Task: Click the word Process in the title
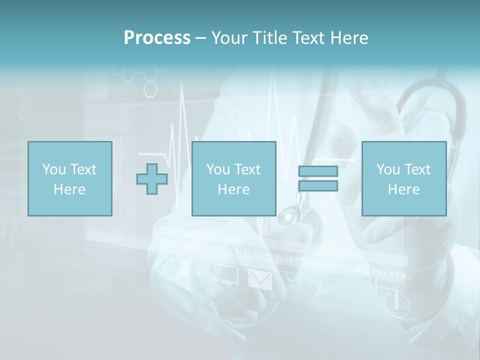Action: pyautogui.click(x=157, y=38)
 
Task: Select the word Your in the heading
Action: pyautogui.click(x=228, y=38)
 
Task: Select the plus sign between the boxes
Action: pyautogui.click(x=152, y=179)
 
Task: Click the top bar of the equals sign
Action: pyautogui.click(x=318, y=171)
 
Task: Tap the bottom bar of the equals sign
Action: pyautogui.click(x=318, y=186)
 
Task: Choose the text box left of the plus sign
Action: pyautogui.click(x=70, y=179)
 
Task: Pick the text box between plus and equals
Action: pyautogui.click(x=234, y=179)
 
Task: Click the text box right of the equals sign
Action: pyautogui.click(x=404, y=179)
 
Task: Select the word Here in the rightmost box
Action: pyautogui.click(x=404, y=189)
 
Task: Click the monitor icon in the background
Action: pyautogui.click(x=226, y=274)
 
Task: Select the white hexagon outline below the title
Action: pyautogui.click(x=150, y=89)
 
